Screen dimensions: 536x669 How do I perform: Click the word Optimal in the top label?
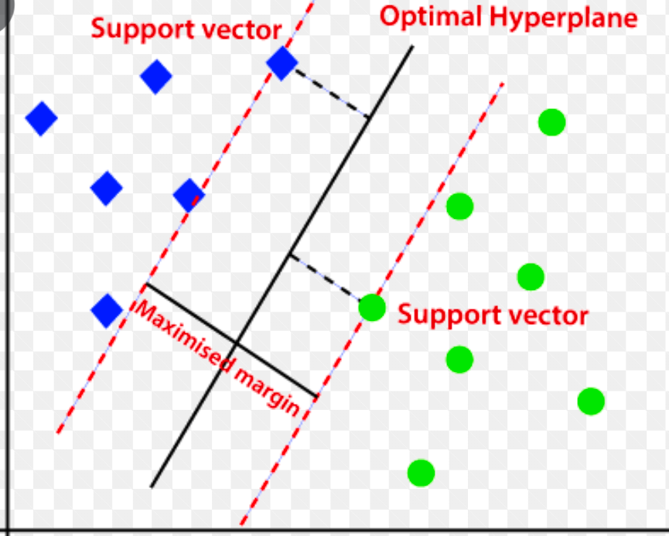(x=426, y=17)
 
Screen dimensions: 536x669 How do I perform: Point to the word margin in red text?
(x=267, y=387)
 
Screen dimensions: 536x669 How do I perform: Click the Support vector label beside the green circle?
(x=493, y=316)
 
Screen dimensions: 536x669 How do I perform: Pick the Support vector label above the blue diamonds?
(x=186, y=30)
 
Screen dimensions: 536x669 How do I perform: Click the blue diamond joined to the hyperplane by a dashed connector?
(x=282, y=63)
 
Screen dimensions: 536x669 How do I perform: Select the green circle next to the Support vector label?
(x=372, y=307)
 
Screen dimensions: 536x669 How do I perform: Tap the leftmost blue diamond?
(x=41, y=118)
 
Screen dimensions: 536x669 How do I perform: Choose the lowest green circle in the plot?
(x=421, y=472)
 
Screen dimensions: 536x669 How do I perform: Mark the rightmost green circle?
(x=590, y=401)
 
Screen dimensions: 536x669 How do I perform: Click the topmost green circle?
(x=551, y=121)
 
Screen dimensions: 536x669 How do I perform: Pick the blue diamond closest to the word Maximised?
(x=107, y=311)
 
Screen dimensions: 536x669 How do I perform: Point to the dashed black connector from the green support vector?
(x=326, y=278)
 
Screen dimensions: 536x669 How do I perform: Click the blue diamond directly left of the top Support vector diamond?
(x=156, y=77)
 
